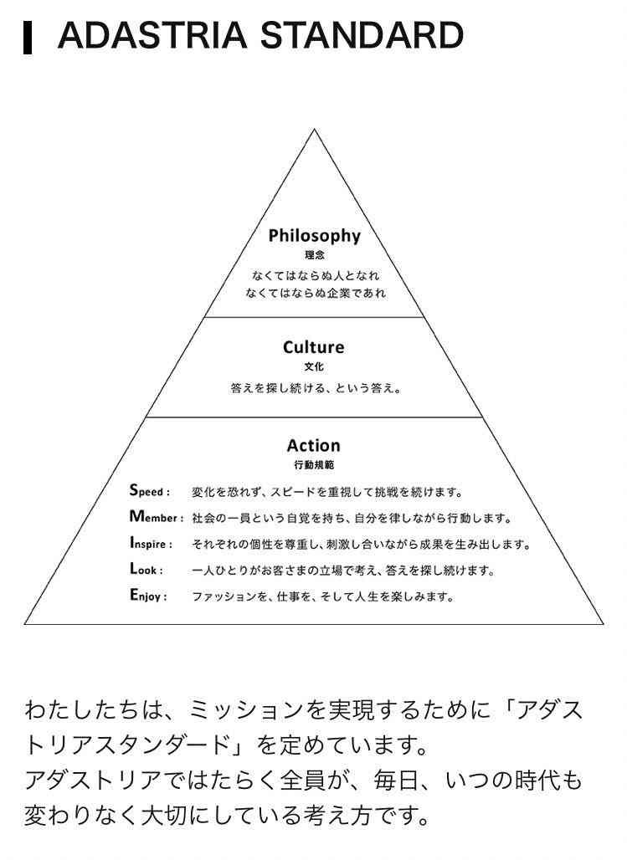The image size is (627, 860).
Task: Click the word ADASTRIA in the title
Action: [152, 35]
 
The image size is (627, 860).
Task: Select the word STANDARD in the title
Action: [362, 35]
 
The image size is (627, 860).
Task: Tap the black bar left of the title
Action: [28, 38]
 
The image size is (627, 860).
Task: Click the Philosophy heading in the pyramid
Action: [314, 235]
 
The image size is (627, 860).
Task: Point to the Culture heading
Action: [313, 346]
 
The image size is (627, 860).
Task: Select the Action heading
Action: [313, 445]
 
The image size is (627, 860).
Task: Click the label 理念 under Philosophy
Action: [314, 255]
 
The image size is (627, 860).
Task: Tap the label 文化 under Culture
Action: [314, 366]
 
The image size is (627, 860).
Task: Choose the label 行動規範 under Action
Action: [313, 464]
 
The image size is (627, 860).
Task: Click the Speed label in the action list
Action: [149, 490]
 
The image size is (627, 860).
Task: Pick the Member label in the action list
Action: [157, 517]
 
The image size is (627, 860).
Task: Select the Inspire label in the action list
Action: [151, 543]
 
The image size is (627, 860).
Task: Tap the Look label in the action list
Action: [146, 569]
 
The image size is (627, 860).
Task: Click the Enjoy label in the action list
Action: [148, 595]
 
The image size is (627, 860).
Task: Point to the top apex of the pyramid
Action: [314, 130]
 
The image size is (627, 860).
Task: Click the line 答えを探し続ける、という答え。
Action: [315, 388]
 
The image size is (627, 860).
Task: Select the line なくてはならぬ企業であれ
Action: [316, 293]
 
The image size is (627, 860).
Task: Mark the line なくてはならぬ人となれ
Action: [316, 275]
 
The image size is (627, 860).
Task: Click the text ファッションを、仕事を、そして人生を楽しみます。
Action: [323, 596]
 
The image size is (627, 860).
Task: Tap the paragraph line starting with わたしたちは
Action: [304, 710]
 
